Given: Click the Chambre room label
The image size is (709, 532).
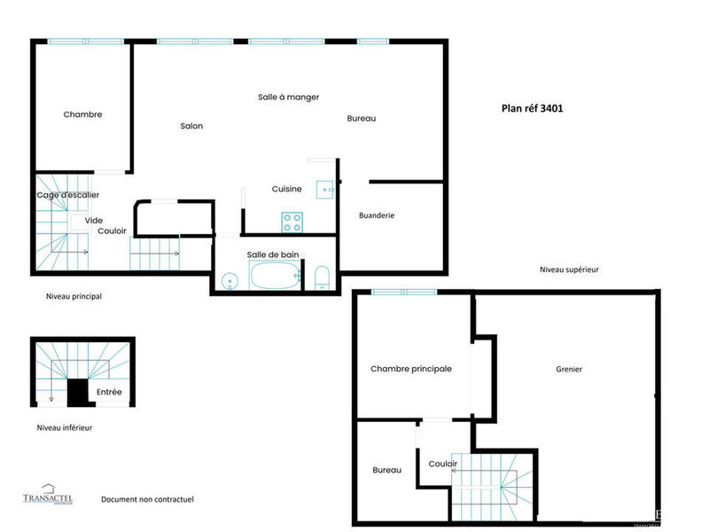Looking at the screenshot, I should pyautogui.click(x=82, y=114).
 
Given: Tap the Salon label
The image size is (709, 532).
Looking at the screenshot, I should pyautogui.click(x=191, y=126).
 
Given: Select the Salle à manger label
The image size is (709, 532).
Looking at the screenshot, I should pyautogui.click(x=288, y=97).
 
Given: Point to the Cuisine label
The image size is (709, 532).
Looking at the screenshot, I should pyautogui.click(x=286, y=189).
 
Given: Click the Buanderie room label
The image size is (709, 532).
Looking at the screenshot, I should pyautogui.click(x=377, y=215).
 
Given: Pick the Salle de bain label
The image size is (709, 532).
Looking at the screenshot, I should pyautogui.click(x=273, y=255).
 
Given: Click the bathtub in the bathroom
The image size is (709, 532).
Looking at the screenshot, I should pyautogui.click(x=275, y=277).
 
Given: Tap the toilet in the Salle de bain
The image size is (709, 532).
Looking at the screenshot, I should pyautogui.click(x=323, y=278).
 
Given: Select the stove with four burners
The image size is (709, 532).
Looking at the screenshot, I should pyautogui.click(x=292, y=219).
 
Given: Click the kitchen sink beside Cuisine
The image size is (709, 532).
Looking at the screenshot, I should pyautogui.click(x=326, y=189).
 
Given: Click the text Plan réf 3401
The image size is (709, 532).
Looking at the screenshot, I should pyautogui.click(x=533, y=109).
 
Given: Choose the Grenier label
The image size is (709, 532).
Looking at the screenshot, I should pyautogui.click(x=569, y=369).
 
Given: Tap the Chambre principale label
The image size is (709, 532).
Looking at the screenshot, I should pyautogui.click(x=411, y=369).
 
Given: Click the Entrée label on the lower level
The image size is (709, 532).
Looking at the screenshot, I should pyautogui.click(x=109, y=391).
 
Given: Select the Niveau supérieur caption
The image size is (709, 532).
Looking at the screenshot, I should pyautogui.click(x=569, y=270).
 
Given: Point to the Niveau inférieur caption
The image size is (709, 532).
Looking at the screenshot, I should pyautogui.click(x=64, y=427).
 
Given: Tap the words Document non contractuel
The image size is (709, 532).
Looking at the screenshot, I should pyautogui.click(x=147, y=499).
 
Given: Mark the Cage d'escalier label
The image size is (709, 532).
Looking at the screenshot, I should pyautogui.click(x=68, y=195).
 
